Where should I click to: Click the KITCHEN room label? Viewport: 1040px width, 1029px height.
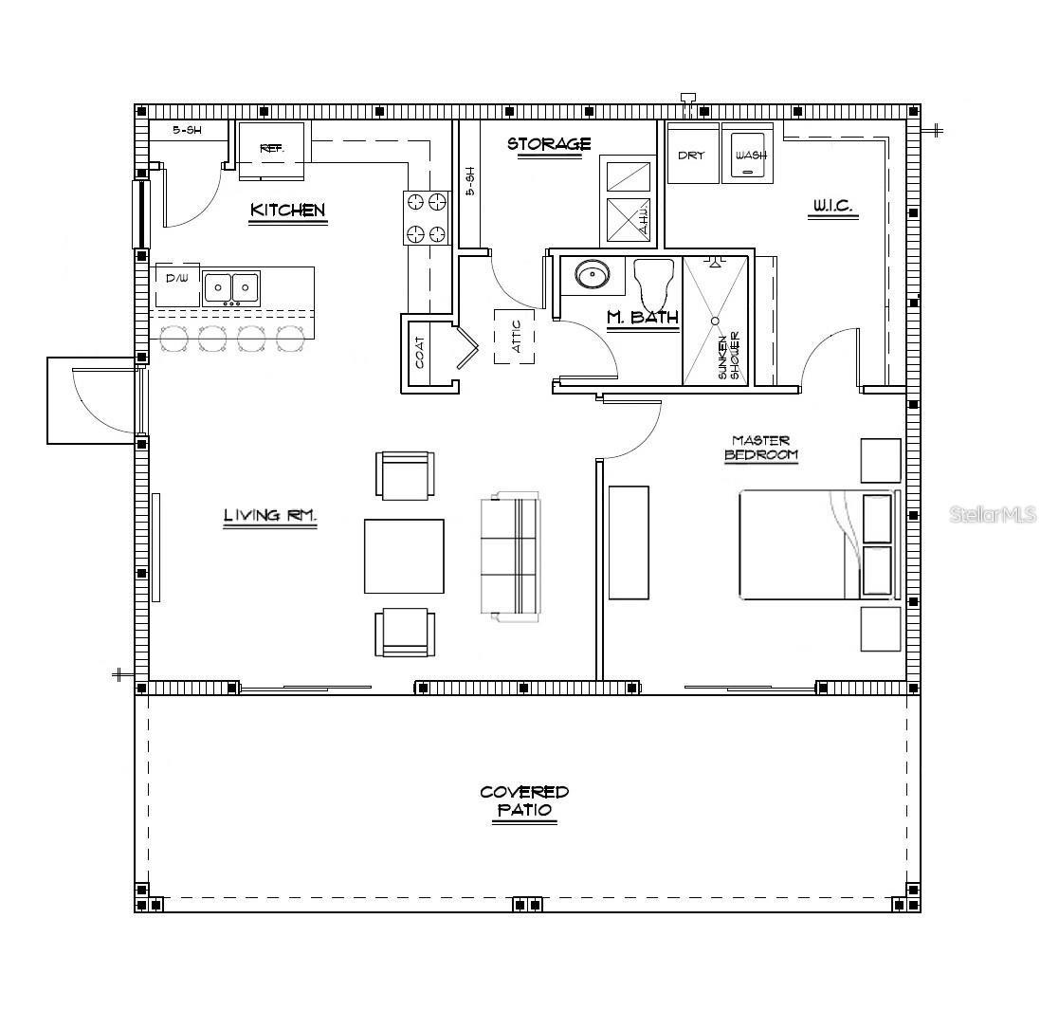point(287,211)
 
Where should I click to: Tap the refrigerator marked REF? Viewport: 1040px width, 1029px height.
point(272,149)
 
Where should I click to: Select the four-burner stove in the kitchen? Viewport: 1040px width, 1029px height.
point(426,217)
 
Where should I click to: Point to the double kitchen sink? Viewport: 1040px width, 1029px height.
point(231,286)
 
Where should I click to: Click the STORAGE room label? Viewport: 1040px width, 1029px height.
point(549,144)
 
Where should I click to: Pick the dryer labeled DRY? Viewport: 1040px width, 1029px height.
point(692,154)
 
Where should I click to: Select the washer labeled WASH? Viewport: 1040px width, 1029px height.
point(749,155)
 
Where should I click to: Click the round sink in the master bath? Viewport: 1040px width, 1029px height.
point(593,275)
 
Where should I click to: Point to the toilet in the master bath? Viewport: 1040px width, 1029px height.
point(653,280)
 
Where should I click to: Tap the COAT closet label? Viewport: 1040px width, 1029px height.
point(419,353)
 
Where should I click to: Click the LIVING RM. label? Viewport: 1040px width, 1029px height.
point(269,516)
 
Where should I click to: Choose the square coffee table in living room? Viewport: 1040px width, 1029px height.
point(404,556)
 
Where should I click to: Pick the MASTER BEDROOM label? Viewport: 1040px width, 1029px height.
point(761,448)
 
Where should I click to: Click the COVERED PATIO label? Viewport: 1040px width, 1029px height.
point(524,800)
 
